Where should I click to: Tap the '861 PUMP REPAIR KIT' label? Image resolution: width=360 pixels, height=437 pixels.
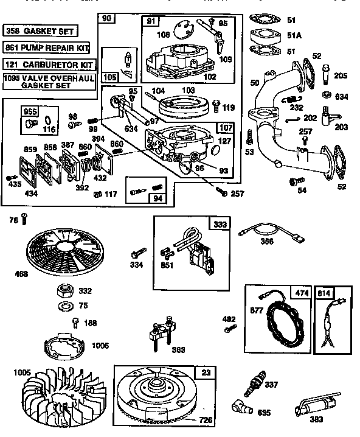coord(46,46)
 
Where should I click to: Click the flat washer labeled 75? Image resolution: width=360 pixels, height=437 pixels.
coord(64,304)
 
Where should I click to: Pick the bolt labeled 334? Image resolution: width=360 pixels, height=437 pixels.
coord(137,251)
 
